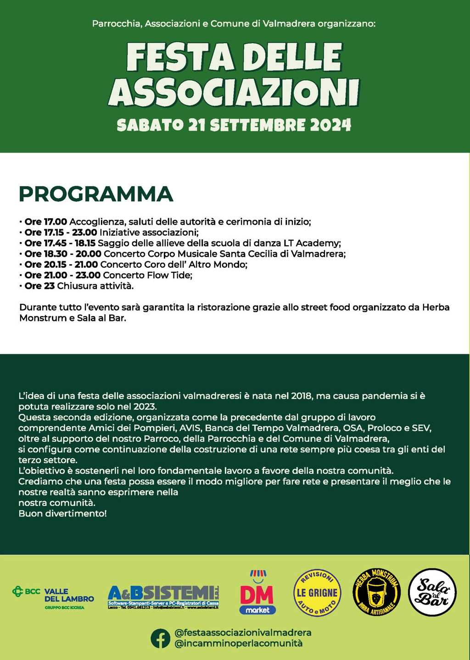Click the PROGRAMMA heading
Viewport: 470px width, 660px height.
tap(96, 194)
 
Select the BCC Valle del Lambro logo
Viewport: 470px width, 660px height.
tap(53, 598)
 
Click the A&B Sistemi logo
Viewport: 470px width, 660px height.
tap(163, 597)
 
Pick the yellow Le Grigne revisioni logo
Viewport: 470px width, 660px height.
tap(317, 593)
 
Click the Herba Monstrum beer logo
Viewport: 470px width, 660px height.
tap(376, 592)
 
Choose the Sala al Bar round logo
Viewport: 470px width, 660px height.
tap(432, 592)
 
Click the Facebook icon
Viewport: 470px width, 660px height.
tap(160, 638)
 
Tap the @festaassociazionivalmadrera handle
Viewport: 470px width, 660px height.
tap(243, 632)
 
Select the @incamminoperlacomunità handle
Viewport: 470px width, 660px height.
tap(238, 643)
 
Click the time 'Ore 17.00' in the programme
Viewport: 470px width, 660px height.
tap(46, 222)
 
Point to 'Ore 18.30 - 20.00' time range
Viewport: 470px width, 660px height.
tap(63, 254)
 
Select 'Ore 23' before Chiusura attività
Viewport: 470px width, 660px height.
tap(39, 286)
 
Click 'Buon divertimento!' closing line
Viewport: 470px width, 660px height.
tap(62, 514)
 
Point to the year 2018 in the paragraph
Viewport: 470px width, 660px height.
tap(302, 396)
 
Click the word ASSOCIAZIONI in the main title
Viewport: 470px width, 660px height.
tap(234, 93)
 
